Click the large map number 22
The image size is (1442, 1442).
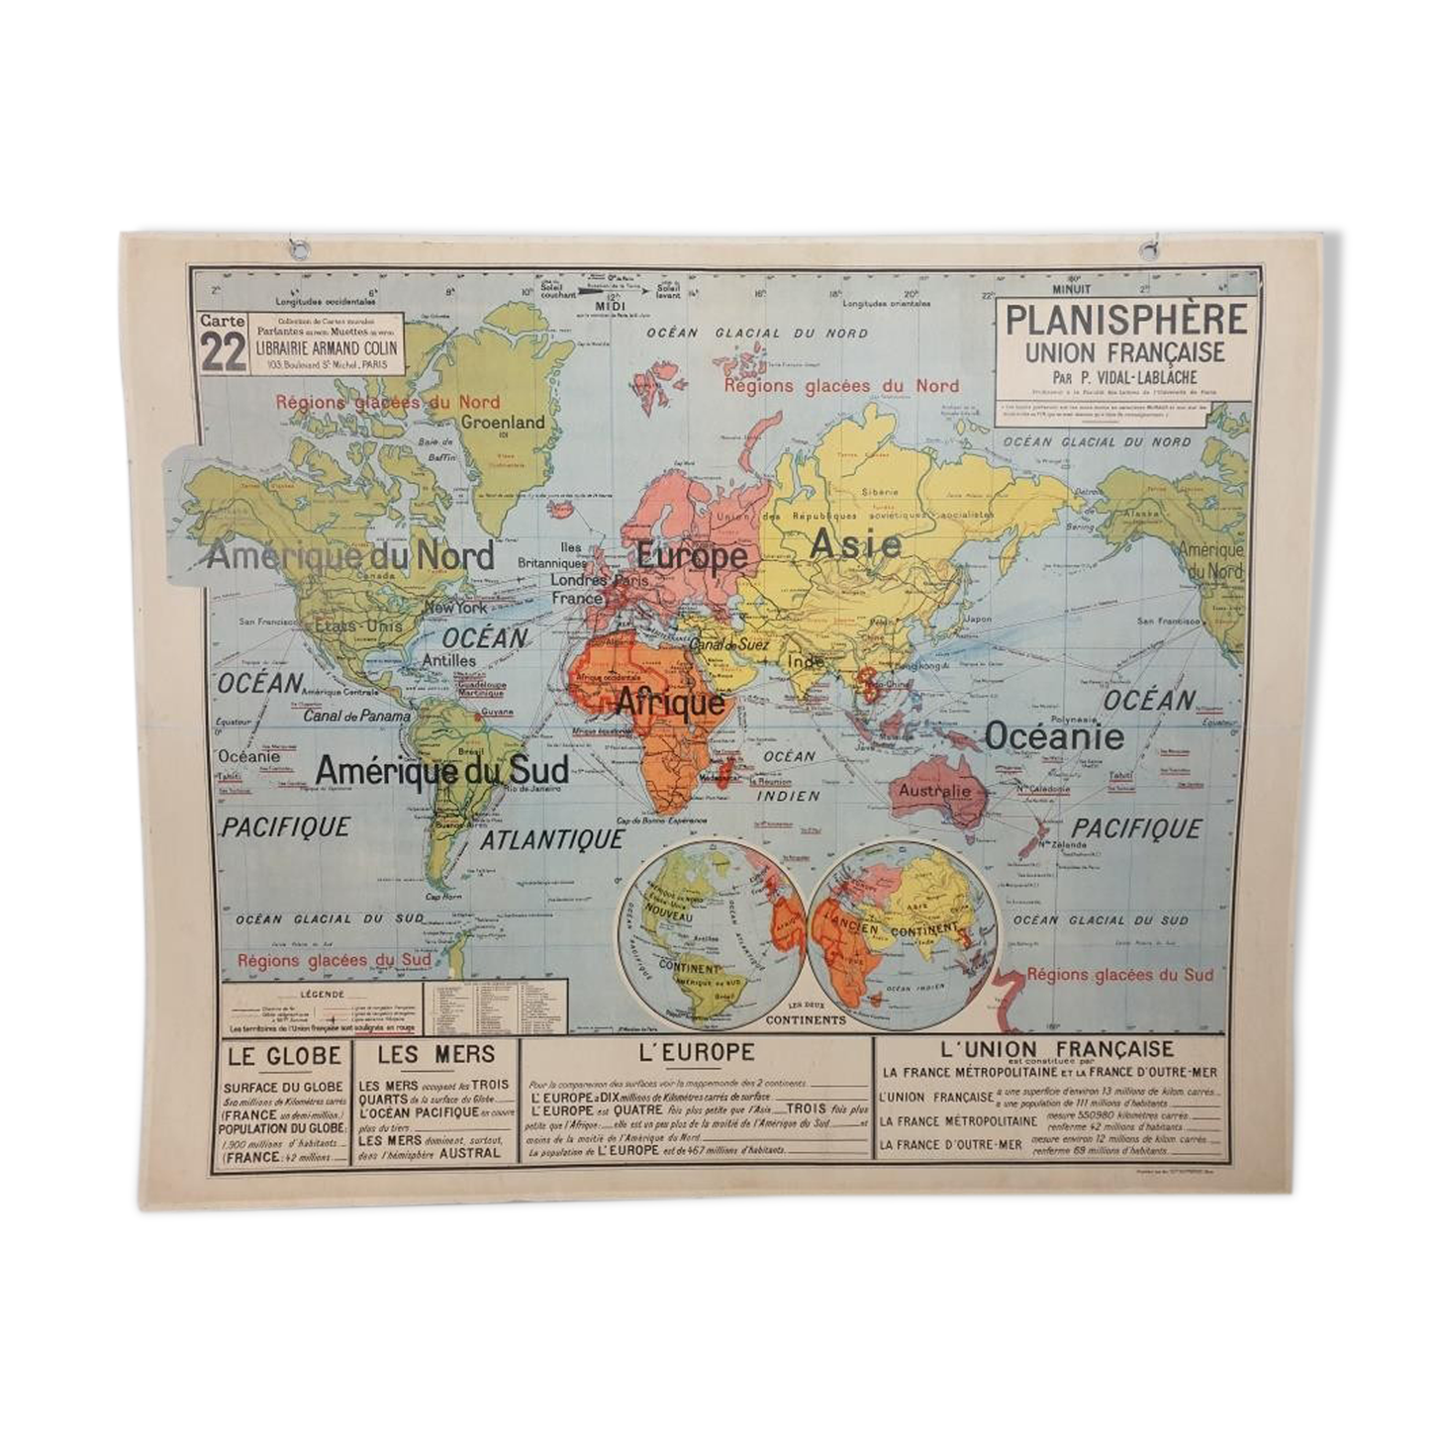pos(223,351)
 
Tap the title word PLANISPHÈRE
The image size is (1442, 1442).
pos(1126,320)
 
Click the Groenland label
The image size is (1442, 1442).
pos(503,422)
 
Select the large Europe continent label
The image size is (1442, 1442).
pos(692,556)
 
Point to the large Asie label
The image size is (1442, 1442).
pos(855,543)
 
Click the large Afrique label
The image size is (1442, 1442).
pos(670,703)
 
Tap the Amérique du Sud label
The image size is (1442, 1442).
pos(441,770)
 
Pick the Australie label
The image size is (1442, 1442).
pos(935,791)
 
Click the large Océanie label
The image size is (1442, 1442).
pos(1054,736)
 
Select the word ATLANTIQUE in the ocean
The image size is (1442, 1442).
pos(552,839)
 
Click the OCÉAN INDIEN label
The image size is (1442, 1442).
pos(789,776)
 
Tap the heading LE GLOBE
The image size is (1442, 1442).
pos(284,1056)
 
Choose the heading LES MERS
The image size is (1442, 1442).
pos(435,1055)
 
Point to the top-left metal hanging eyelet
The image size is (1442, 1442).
pos(298,249)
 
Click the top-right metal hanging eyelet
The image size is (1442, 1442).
pos(1149,250)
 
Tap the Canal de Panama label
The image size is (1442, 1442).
pos(356,716)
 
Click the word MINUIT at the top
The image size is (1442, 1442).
pos(1071,289)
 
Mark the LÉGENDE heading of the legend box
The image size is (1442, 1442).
pos(320,993)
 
